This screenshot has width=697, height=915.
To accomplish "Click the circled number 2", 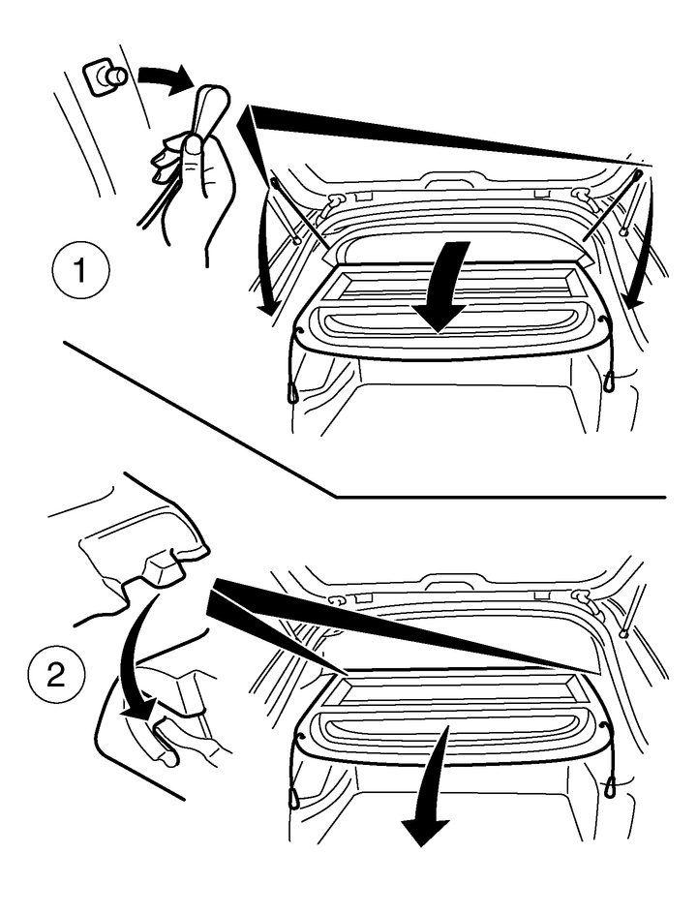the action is pos(56,678).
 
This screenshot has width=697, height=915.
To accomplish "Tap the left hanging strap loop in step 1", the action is pos(292,393).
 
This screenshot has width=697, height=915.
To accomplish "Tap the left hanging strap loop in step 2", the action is pos(294,797).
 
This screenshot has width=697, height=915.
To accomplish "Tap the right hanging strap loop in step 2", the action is pos(610,786).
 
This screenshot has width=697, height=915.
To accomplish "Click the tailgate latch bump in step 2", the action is pos(449,581).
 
